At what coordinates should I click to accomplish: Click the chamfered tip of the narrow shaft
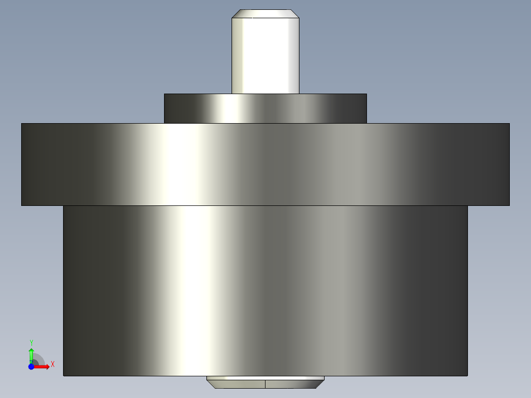[x=265, y=13]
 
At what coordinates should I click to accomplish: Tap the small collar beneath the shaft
[x=265, y=108]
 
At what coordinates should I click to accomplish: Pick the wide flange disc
[x=265, y=164]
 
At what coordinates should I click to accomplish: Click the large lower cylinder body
[x=265, y=291]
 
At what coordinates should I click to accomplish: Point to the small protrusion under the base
[x=265, y=382]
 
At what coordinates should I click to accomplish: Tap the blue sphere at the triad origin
[x=31, y=367]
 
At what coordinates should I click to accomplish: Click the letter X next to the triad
[x=52, y=364]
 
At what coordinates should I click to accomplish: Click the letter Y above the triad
[x=31, y=342]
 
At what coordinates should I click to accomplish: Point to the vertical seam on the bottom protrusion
[x=265, y=384]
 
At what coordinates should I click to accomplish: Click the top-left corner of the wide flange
[x=22, y=124]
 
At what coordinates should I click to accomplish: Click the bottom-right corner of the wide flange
[x=509, y=205]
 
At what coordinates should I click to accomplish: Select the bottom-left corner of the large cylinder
[x=64, y=375]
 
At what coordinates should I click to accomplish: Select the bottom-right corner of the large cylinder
[x=467, y=375]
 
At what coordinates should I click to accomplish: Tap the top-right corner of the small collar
[x=366, y=94]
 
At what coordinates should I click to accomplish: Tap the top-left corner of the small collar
[x=165, y=94]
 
